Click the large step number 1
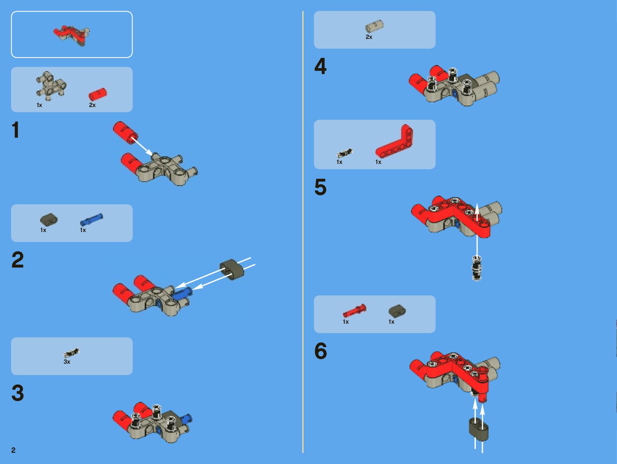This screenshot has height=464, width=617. click(x=16, y=130)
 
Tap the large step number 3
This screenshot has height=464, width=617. click(x=18, y=393)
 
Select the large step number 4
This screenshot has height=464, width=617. click(x=320, y=66)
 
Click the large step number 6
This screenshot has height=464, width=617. click(x=321, y=351)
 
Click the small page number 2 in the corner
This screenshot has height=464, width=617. click(x=13, y=450)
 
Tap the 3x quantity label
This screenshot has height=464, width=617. click(x=67, y=362)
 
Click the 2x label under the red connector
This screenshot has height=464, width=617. click(x=92, y=105)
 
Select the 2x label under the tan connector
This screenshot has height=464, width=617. click(x=369, y=37)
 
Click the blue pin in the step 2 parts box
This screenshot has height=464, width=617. click(x=91, y=220)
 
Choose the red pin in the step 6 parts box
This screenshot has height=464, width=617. click(x=355, y=311)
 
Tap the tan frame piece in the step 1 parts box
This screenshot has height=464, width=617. click(x=51, y=86)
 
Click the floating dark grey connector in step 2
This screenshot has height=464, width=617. click(x=232, y=269)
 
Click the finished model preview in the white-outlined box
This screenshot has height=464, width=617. click(x=72, y=36)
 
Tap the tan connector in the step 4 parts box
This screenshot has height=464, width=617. click(x=374, y=26)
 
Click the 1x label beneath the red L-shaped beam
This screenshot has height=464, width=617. click(x=379, y=162)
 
